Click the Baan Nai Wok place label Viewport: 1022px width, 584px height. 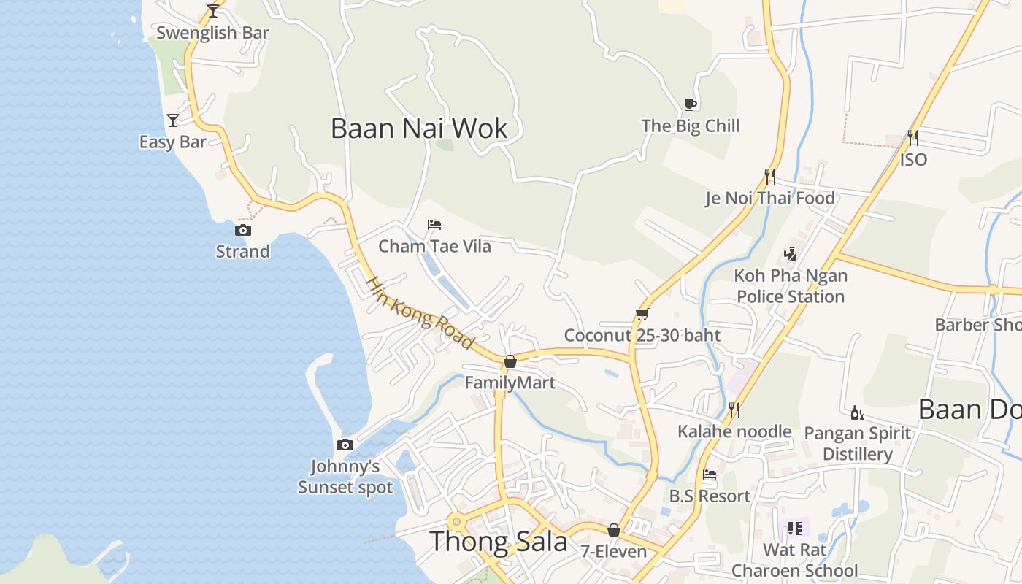[419, 128]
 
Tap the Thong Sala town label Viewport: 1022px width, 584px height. [498, 541]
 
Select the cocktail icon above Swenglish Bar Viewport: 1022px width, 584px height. [213, 11]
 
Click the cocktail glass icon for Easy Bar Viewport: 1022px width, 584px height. [173, 120]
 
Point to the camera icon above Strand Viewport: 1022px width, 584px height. [243, 230]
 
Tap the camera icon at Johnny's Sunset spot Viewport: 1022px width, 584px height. [345, 445]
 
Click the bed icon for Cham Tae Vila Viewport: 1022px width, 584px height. [434, 225]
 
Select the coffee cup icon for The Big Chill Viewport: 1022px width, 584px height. [691, 104]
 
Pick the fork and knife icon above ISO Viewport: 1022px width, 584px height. [913, 137]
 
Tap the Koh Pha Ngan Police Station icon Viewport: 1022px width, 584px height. [790, 254]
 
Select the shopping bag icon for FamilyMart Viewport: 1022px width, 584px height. [510, 361]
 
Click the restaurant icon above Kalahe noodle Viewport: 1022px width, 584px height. [734, 410]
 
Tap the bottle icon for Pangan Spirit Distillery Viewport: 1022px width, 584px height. [858, 412]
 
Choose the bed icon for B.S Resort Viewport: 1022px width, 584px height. [710, 474]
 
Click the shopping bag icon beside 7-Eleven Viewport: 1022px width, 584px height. [614, 530]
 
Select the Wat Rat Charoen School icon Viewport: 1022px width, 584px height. [795, 528]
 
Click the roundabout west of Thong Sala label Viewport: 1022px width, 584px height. [457, 521]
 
